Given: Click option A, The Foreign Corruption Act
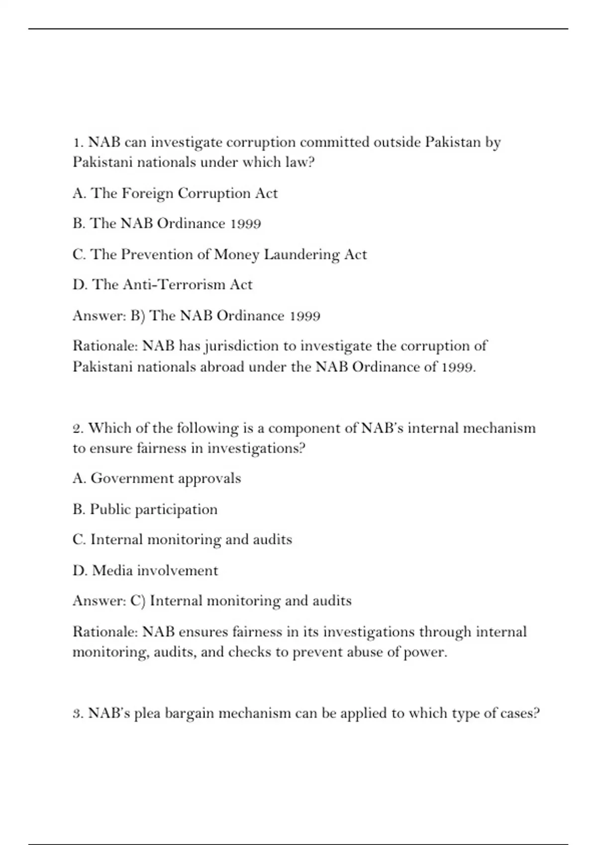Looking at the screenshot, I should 175,193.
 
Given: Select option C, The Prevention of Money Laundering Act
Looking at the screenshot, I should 219,254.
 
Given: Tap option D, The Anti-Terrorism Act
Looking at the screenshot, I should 162,285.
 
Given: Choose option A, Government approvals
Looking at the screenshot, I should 157,479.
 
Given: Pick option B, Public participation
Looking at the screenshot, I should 145,509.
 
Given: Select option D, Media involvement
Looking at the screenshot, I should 145,571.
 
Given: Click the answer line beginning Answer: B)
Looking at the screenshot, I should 196,316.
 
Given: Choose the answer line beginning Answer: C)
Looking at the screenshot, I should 212,601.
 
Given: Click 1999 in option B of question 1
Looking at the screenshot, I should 246,224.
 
